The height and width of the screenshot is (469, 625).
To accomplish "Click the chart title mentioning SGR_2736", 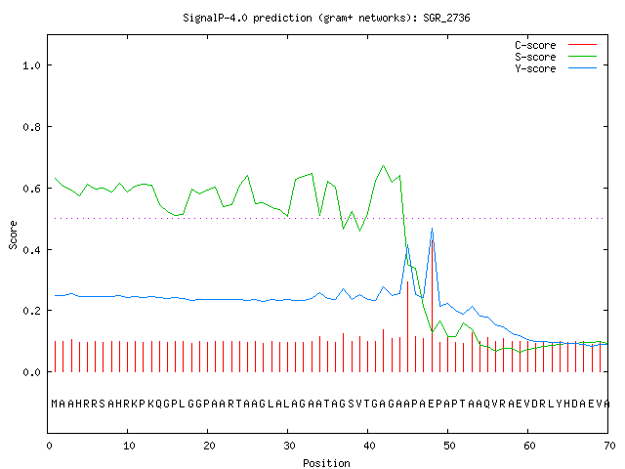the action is (326, 18).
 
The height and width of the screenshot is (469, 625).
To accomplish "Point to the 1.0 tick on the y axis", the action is (32, 65).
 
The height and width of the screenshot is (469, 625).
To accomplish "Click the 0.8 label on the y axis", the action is (32, 127).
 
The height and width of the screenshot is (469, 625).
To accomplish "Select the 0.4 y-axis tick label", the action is (32, 250).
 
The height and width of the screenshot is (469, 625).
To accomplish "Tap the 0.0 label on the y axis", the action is (32, 372).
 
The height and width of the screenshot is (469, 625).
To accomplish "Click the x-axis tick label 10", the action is (129, 446).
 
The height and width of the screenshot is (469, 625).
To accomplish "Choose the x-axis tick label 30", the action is (289, 446).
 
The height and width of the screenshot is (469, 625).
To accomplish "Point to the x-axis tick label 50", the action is (449, 446).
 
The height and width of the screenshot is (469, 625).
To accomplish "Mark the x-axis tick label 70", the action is (609, 446).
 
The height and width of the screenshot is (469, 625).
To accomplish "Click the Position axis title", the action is (326, 463).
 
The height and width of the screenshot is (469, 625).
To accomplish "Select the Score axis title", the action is (13, 234).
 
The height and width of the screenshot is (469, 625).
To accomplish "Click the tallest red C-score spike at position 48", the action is (433, 306).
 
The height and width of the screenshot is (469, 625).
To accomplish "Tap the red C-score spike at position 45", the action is (408, 327).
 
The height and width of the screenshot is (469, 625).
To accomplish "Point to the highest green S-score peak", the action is (384, 165).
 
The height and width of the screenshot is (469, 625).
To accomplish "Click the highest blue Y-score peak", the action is (432, 229).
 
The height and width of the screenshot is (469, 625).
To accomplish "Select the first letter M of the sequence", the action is (55, 404).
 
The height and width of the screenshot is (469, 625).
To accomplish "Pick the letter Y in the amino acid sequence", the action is (560, 404).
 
